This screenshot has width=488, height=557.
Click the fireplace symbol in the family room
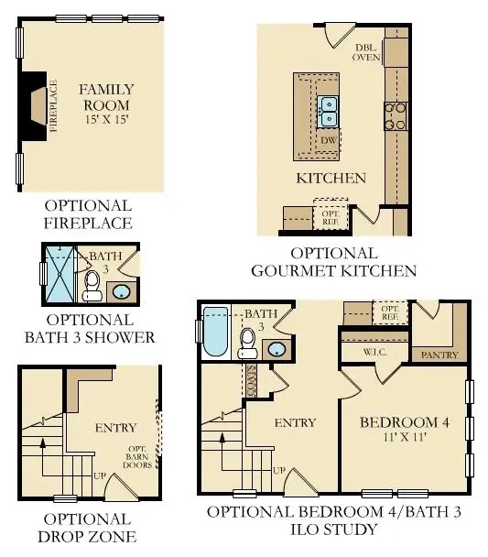pos(35,105)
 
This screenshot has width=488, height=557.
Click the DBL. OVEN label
pos(367,52)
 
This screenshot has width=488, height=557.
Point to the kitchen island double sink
pos(328,112)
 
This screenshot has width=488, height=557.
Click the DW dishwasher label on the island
pos(328,140)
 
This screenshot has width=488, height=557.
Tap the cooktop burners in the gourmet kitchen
pos(395,116)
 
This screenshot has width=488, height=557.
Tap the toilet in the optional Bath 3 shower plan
pos(92,285)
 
